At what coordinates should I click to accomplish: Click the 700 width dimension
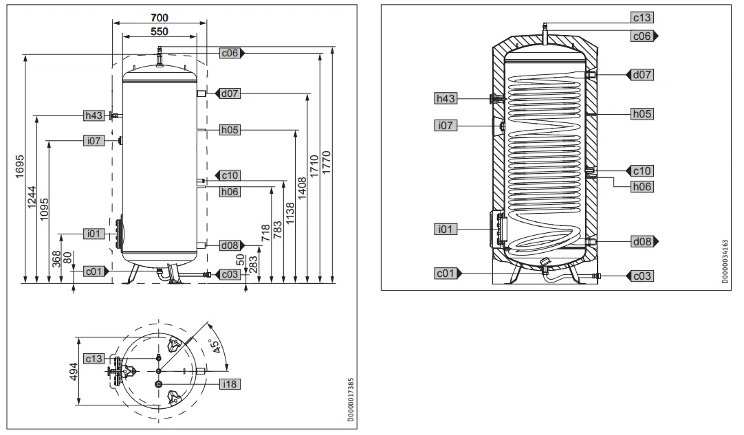(160, 16)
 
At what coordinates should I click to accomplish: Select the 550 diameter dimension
(160, 31)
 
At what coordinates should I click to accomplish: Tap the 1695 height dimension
(20, 165)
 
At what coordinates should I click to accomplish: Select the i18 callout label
(230, 385)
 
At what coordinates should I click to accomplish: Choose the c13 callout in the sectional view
(642, 17)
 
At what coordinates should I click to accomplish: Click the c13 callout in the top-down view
(94, 359)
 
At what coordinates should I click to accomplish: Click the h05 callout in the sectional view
(642, 114)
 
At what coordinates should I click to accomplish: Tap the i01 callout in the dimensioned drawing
(94, 234)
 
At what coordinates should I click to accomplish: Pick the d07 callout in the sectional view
(642, 74)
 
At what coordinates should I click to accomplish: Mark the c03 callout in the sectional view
(642, 276)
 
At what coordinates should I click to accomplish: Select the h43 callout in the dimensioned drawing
(94, 115)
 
